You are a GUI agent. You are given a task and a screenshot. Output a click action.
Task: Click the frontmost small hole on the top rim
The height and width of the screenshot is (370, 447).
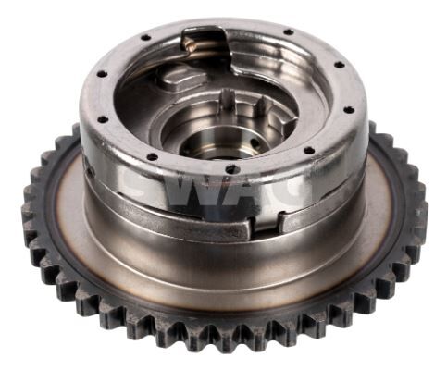click(x=228, y=169)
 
